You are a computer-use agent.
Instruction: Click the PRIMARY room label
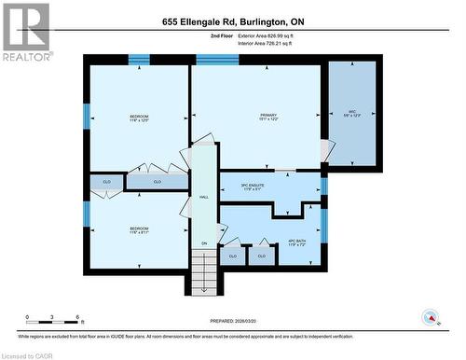pyautogui.click(x=267, y=117)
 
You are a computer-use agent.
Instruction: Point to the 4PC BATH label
pyautogui.click(x=297, y=242)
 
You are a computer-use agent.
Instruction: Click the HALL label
pyautogui.click(x=203, y=197)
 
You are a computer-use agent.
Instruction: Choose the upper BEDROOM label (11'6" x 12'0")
pyautogui.click(x=138, y=118)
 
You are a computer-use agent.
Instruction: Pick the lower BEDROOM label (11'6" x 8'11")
pyautogui.click(x=139, y=230)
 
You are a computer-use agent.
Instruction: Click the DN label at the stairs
pyautogui.click(x=203, y=244)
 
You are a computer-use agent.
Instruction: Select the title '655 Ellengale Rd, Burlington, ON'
pyautogui.click(x=232, y=21)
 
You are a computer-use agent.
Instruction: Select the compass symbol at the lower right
pyautogui.click(x=431, y=317)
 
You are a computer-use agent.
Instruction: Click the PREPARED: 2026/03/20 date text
pyautogui.click(x=232, y=320)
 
